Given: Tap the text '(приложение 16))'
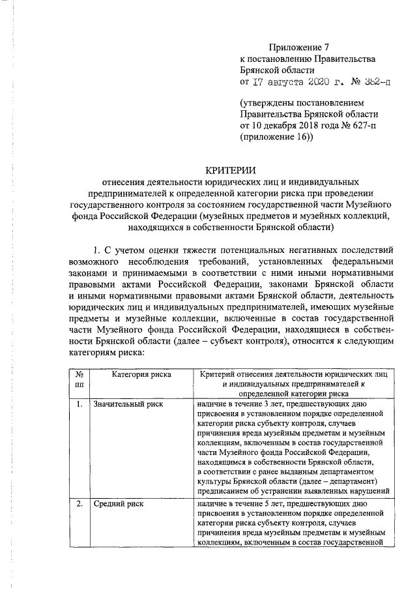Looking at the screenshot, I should point(276,137).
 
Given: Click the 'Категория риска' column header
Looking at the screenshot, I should point(141,374).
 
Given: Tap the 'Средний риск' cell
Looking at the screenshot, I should point(118,504).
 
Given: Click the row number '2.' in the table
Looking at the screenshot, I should point(78,504).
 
